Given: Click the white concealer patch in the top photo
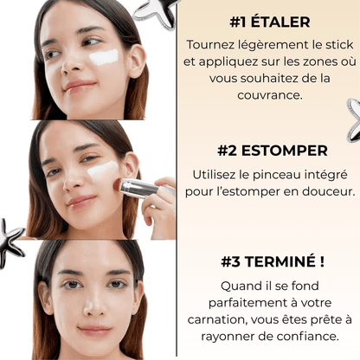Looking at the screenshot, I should (105, 57).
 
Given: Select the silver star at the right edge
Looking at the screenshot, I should (353, 119).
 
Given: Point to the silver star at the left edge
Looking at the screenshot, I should (11, 241).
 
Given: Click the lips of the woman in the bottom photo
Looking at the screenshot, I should (93, 331).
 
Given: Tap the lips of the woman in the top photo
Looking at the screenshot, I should (79, 87).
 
